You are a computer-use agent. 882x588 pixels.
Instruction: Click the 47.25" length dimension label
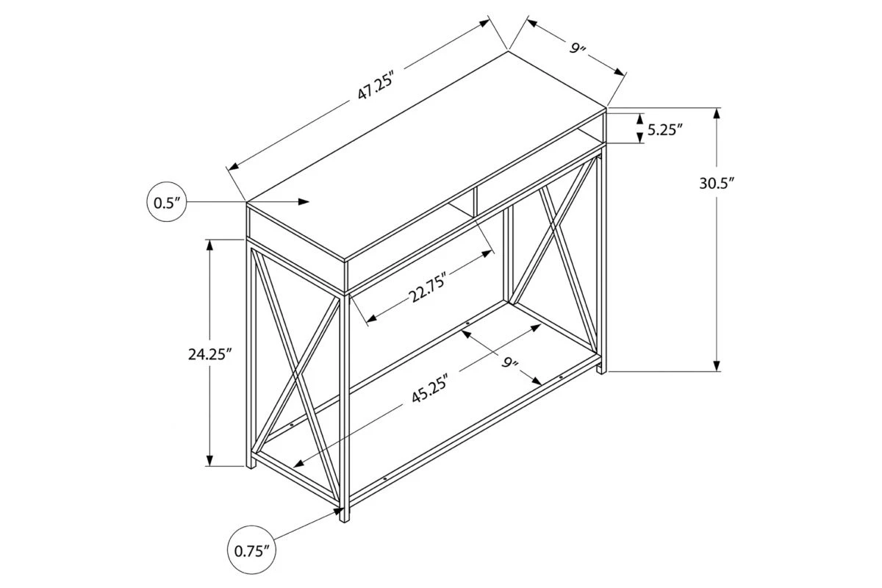pyautogui.click(x=376, y=87)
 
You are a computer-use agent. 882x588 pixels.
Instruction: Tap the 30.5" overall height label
pyautogui.click(x=717, y=184)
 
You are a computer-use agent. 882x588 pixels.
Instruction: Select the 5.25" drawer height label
pyautogui.click(x=665, y=130)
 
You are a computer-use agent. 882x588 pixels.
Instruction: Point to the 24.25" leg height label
pyautogui.click(x=209, y=354)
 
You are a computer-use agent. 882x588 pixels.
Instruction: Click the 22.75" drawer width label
pyautogui.click(x=428, y=287)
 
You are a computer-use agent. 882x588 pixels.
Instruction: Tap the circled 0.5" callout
pyautogui.click(x=166, y=201)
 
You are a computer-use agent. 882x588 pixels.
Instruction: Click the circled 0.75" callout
pyautogui.click(x=251, y=551)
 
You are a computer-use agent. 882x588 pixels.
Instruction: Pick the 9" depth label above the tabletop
pyautogui.click(x=577, y=50)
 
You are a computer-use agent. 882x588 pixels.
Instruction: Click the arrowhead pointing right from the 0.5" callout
pyautogui.click(x=303, y=201)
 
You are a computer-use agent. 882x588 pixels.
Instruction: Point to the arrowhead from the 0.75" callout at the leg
pyautogui.click(x=338, y=512)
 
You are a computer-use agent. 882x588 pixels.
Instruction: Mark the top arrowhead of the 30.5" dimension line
pyautogui.click(x=717, y=113)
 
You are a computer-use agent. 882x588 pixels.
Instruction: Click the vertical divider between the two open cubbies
pyautogui.click(x=475, y=201)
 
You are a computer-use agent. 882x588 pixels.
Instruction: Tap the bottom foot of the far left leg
pyautogui.click(x=251, y=466)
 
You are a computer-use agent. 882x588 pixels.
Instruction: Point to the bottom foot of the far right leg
pyautogui.click(x=602, y=371)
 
